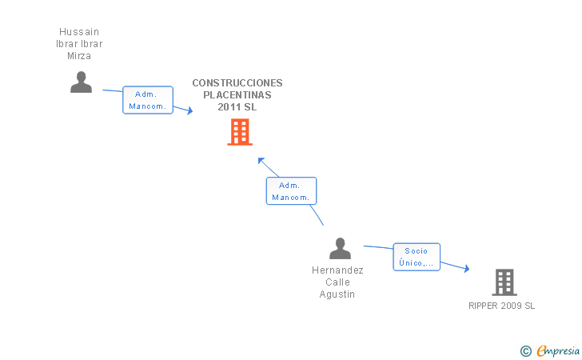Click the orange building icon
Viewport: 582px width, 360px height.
tap(240, 132)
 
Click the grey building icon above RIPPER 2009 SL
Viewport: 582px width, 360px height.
tap(504, 282)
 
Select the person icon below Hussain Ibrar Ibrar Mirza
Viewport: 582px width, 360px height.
tap(81, 82)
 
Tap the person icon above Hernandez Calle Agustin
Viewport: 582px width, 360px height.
tap(340, 249)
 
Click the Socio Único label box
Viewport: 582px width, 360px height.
tap(417, 257)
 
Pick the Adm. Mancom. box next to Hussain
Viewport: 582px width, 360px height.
tap(148, 100)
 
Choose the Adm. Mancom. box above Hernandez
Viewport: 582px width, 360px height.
tap(291, 191)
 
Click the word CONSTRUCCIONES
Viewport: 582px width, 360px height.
tap(237, 83)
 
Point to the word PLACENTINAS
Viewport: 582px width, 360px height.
tap(237, 95)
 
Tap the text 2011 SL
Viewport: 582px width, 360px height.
tap(237, 107)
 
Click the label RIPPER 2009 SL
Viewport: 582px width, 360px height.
tap(501, 306)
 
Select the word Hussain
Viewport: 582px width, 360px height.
tap(79, 31)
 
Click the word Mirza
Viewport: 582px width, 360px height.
tap(79, 56)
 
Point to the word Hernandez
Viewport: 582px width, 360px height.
tap(337, 270)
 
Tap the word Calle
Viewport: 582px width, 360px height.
tap(337, 282)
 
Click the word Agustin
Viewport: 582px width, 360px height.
tap(337, 294)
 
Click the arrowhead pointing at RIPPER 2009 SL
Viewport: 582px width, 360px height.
tap(467, 268)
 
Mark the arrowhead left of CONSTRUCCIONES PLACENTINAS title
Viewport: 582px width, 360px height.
tap(190, 110)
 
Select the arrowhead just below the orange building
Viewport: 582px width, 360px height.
tap(261, 161)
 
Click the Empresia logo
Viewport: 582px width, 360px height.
tap(550, 350)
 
